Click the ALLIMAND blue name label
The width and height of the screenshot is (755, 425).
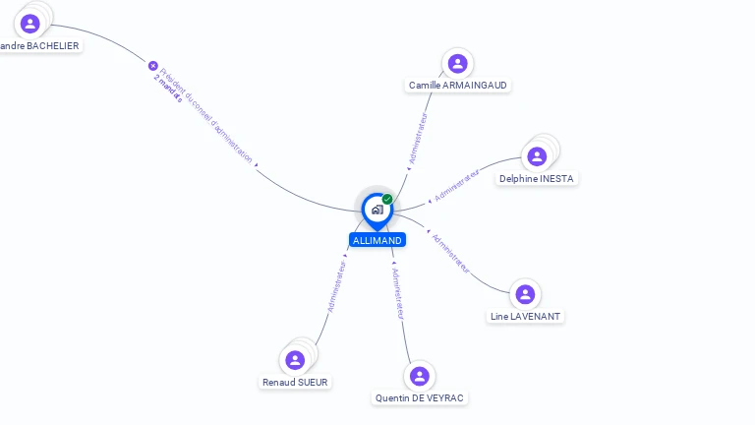(377, 240)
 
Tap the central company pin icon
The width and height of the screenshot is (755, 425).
(377, 210)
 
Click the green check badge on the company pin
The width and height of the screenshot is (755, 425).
(387, 200)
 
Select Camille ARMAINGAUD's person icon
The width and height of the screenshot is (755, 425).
(457, 64)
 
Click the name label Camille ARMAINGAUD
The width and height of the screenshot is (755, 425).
(458, 86)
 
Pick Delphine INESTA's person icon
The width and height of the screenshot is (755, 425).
(537, 156)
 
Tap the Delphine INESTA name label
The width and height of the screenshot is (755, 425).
(537, 178)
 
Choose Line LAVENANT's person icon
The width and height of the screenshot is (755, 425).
(525, 294)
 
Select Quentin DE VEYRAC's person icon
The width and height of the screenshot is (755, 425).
(420, 376)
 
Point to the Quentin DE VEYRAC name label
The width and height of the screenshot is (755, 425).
(420, 397)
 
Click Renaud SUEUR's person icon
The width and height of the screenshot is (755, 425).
(295, 360)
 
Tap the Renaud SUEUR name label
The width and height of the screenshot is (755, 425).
(296, 382)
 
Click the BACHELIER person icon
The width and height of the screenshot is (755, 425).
(30, 24)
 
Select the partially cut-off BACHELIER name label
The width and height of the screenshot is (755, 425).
(39, 45)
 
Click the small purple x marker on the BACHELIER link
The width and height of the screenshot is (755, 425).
(153, 66)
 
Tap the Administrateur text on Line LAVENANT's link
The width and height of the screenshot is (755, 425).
(451, 253)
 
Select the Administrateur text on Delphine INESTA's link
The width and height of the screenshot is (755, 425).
(457, 185)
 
